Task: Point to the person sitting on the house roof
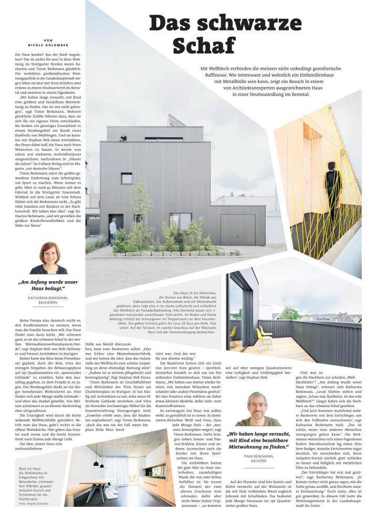pos(123,137)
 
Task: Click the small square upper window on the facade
pos(127,178)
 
